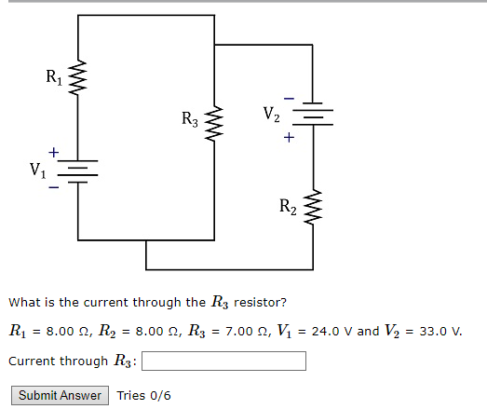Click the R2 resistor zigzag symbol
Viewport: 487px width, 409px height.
[313, 208]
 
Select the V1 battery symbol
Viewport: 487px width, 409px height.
[77, 170]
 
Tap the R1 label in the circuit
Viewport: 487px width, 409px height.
[52, 75]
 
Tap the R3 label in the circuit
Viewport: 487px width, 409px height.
[190, 119]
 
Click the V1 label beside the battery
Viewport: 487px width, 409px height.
[37, 171]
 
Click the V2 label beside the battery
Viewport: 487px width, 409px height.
[270, 116]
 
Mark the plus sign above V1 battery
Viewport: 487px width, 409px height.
[53, 151]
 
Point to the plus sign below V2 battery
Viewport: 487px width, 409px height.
[289, 139]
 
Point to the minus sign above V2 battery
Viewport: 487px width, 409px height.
[289, 95]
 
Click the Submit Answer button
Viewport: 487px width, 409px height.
[60, 395]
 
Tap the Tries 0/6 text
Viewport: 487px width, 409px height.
[143, 396]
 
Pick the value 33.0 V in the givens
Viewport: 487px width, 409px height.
[438, 332]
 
